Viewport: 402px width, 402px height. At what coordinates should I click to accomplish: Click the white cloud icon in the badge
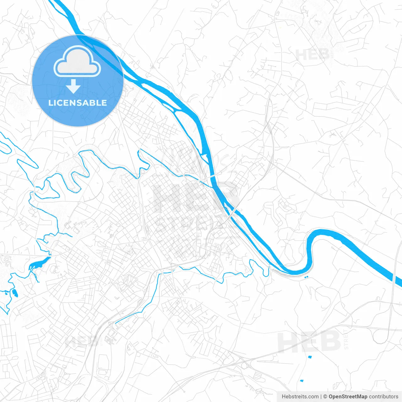tap(77, 62)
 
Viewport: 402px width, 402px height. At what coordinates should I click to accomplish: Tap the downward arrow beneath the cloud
tap(73, 86)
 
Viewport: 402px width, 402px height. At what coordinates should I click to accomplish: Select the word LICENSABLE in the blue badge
tap(78, 103)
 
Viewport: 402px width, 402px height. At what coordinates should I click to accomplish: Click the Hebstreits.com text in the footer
tap(300, 397)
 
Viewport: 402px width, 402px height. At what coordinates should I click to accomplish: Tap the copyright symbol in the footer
tap(325, 397)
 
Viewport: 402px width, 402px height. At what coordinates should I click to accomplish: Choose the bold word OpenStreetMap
tap(348, 397)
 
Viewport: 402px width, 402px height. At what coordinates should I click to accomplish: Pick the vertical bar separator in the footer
tap(321, 397)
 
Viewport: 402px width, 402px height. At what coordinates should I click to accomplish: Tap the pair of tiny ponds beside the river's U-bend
tap(307, 276)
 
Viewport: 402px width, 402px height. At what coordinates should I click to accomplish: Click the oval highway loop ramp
tap(381, 336)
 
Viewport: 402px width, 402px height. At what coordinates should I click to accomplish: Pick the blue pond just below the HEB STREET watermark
tap(310, 357)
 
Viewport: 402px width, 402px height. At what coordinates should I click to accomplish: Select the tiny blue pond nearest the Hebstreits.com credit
tap(302, 381)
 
